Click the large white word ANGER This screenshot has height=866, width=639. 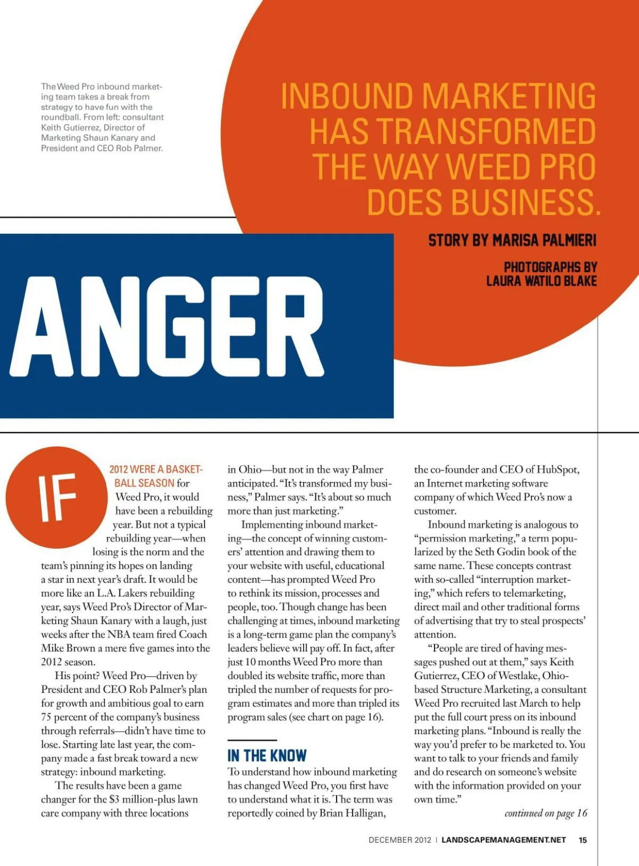pos(166,326)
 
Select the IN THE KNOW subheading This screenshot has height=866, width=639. pos(267,756)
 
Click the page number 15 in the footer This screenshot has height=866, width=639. pos(583,840)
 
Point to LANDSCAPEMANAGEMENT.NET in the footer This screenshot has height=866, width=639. pos(503,840)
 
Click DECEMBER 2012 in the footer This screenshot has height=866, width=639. pos(399,840)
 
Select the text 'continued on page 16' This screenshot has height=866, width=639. pos(546,813)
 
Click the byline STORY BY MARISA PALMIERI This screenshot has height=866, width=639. pos(512,241)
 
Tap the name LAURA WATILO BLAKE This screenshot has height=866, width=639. pos(541,281)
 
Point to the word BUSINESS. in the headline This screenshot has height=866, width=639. pos(484,202)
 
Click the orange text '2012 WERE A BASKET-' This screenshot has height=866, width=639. pos(156,469)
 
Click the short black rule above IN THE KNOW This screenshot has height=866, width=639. pos(252,740)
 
